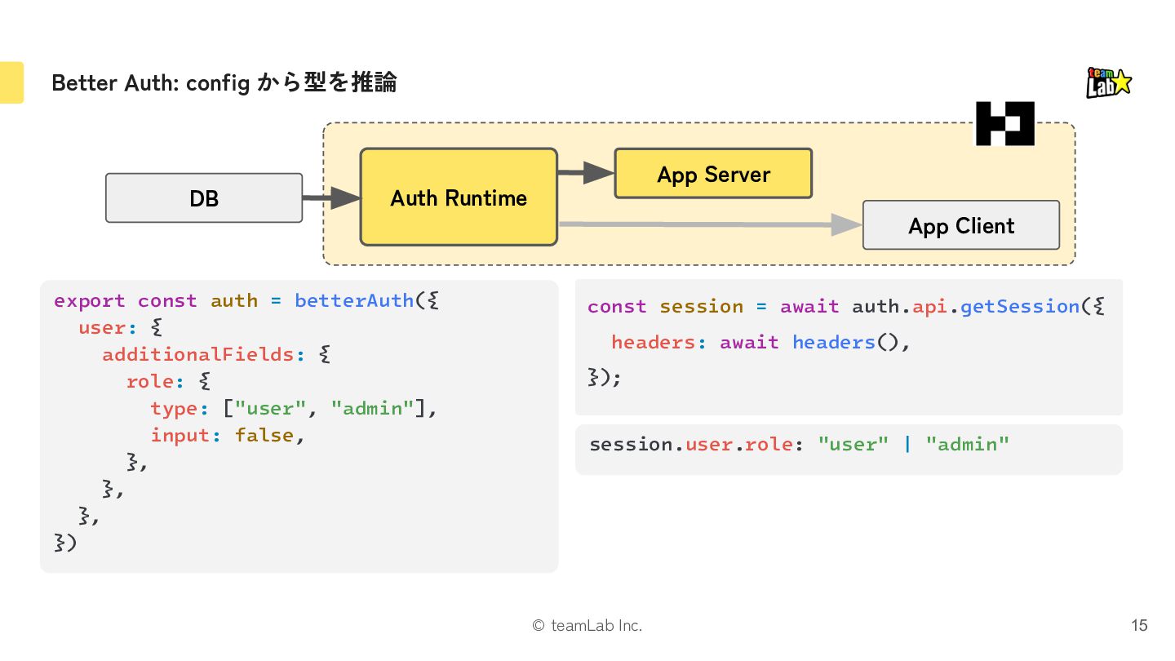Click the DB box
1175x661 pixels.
point(204,198)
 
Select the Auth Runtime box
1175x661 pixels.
point(459,197)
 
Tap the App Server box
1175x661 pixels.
point(713,174)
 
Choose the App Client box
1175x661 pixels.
point(961,225)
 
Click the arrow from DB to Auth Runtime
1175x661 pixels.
point(331,197)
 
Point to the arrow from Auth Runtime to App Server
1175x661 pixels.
point(586,172)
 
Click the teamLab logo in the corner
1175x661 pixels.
point(1108,83)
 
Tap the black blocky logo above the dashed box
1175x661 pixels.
point(1005,123)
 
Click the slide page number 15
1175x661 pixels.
point(1139,625)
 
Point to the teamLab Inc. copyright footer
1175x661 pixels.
point(587,625)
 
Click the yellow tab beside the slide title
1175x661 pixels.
point(11,82)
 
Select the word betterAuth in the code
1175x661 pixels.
point(354,300)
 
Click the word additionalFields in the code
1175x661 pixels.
point(197,355)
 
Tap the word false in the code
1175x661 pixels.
point(264,435)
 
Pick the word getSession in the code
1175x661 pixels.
point(1020,306)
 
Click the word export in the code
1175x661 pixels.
point(89,301)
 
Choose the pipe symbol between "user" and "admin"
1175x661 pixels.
point(907,444)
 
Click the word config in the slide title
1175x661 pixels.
point(218,83)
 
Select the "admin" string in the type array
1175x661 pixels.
point(372,408)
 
